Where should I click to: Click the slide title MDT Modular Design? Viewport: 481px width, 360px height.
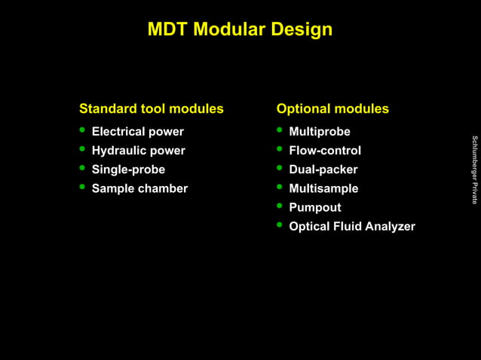pos(240,29)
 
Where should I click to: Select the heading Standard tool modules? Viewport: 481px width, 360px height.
pos(152,108)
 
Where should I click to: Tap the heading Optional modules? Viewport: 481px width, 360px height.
pos(332,108)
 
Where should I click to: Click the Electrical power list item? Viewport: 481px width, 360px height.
pos(137,132)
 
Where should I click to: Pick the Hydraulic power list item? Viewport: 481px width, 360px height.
pos(138,151)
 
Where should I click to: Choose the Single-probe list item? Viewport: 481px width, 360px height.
pos(128,169)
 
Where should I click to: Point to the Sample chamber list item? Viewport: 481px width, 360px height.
pos(139,188)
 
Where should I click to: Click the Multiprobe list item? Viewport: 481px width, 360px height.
pos(320,132)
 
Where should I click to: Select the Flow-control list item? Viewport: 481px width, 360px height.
pos(325,151)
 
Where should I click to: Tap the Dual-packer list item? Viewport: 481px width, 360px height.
pos(323,169)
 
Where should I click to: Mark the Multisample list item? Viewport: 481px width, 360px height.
pos(323,188)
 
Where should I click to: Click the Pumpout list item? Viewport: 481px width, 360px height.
pos(315,207)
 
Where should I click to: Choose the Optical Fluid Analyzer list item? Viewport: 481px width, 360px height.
pos(352,226)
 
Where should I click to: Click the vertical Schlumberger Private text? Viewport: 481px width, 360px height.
pos(474,169)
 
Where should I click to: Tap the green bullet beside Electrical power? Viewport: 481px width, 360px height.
pos(83,130)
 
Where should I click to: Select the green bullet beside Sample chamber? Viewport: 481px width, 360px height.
pos(83,187)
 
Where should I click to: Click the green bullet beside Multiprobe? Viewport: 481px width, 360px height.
pos(280,130)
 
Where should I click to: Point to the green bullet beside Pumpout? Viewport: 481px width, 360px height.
pos(280,206)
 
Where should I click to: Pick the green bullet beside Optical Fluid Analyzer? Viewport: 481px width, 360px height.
pos(280,224)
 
